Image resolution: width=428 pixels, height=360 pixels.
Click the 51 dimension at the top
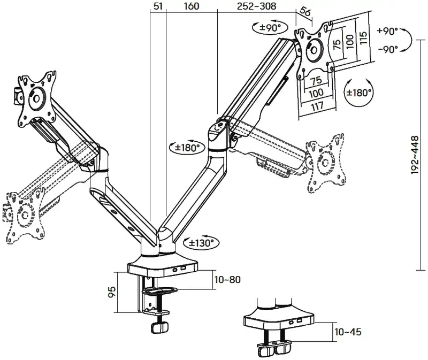158,6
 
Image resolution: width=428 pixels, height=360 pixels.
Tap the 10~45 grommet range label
348,332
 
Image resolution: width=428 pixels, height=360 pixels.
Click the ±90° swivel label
270,27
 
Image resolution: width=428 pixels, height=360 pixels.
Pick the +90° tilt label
387,30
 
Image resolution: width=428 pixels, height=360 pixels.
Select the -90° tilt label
387,49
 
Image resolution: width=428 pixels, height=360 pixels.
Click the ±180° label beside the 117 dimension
358,92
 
